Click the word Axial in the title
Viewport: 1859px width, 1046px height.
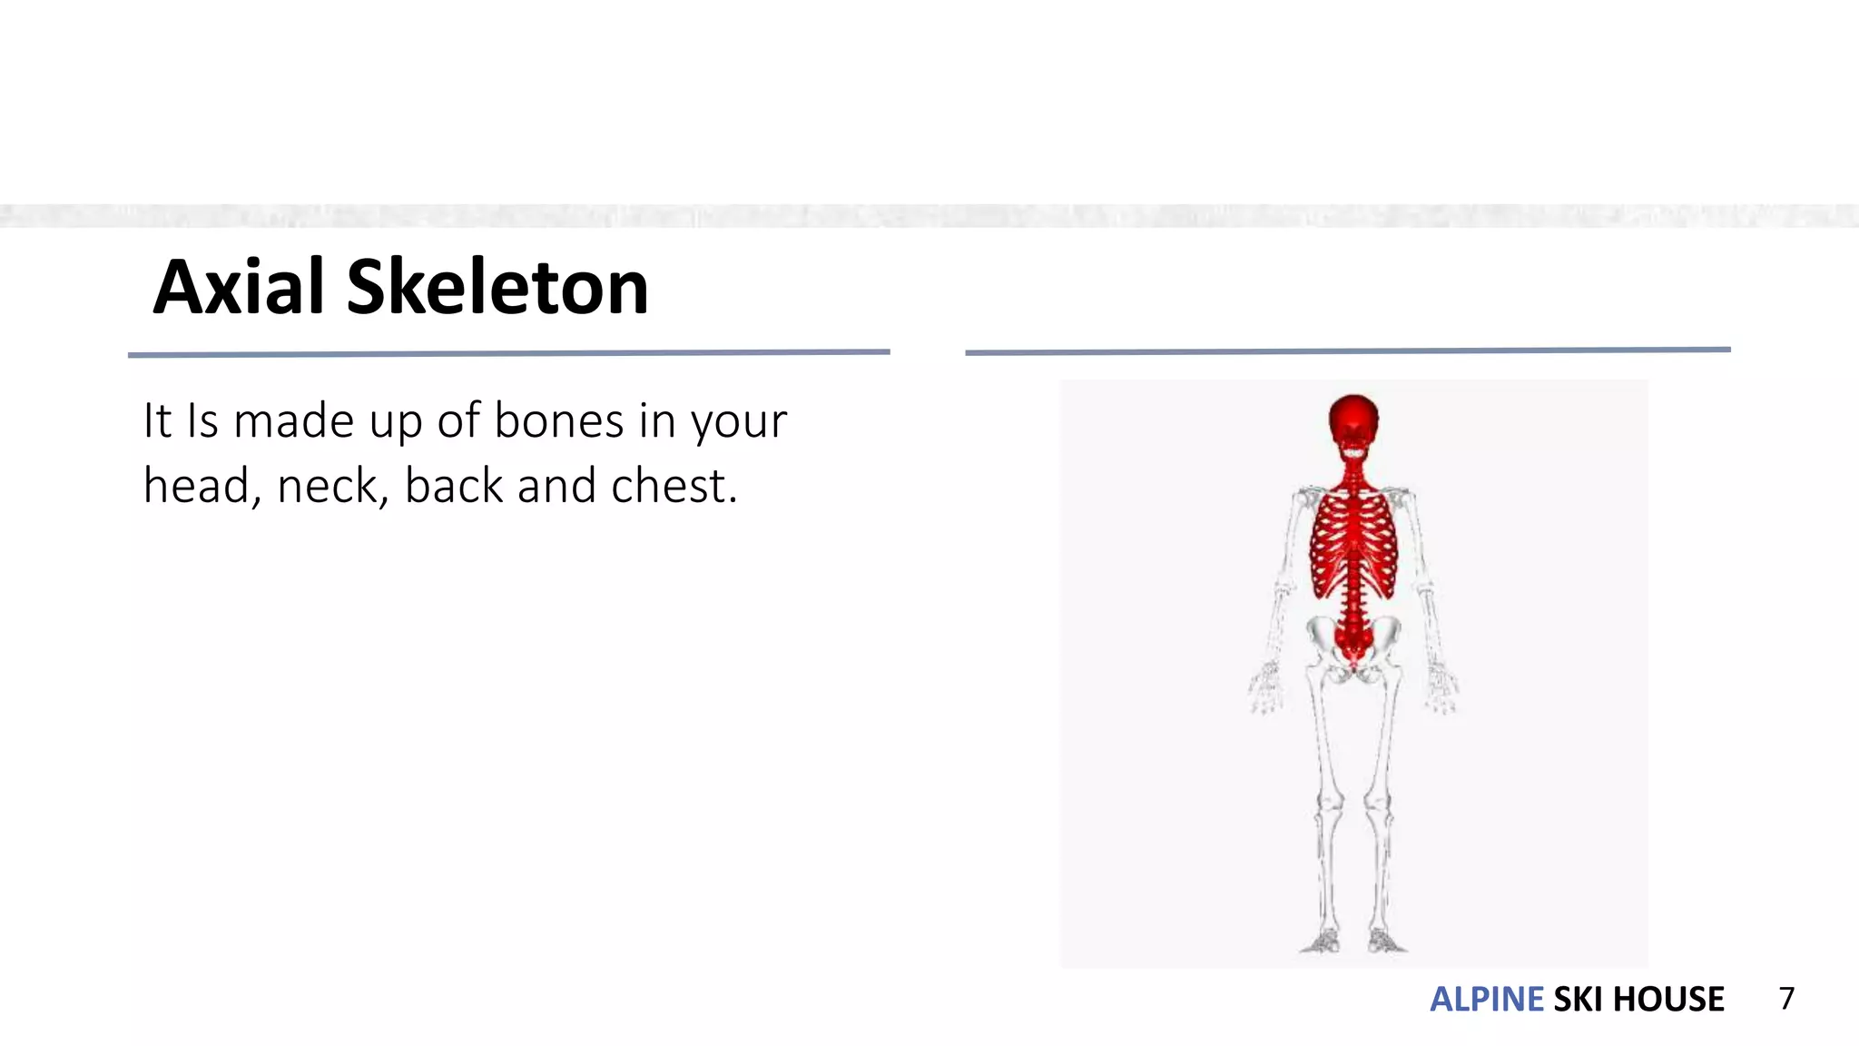click(238, 287)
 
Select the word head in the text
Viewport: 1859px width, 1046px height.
click(196, 486)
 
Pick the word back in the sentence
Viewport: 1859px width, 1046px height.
click(454, 486)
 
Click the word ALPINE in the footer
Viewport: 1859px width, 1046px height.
click(1486, 999)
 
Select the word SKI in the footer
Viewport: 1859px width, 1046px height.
click(1578, 999)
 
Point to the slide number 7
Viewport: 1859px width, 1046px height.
click(1786, 998)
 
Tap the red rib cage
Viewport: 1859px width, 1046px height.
click(1353, 545)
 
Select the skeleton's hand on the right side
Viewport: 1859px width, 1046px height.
click(1441, 688)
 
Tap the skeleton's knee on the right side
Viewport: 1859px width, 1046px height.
click(1377, 803)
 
